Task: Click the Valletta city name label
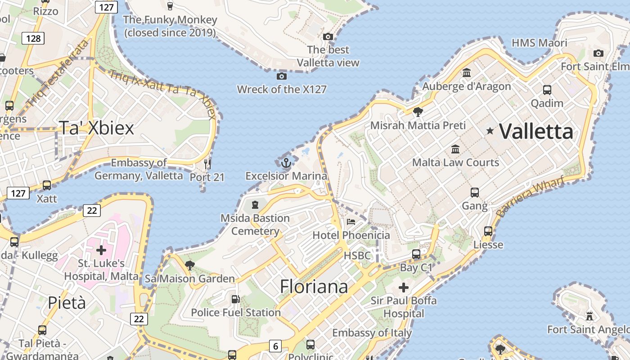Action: coord(536,131)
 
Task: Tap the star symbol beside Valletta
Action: coord(490,131)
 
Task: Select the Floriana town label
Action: coord(314,286)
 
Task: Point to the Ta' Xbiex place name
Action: coord(96,128)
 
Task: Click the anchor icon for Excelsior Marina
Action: coord(286,163)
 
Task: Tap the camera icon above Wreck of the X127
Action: coord(282,76)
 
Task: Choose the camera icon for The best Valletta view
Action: coord(328,36)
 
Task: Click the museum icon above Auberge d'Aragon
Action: coord(467,72)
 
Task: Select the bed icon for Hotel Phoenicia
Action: coord(351,221)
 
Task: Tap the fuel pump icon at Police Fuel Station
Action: coord(235,299)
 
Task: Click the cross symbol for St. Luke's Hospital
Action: coord(101,250)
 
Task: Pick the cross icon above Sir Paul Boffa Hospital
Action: coord(404,287)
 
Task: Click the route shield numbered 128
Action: coord(34,38)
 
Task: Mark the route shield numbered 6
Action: coord(275,346)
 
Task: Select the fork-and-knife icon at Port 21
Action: coord(207,164)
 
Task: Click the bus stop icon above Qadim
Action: coord(547,90)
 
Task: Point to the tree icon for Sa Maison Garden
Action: coord(190,265)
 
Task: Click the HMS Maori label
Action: coord(540,43)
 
